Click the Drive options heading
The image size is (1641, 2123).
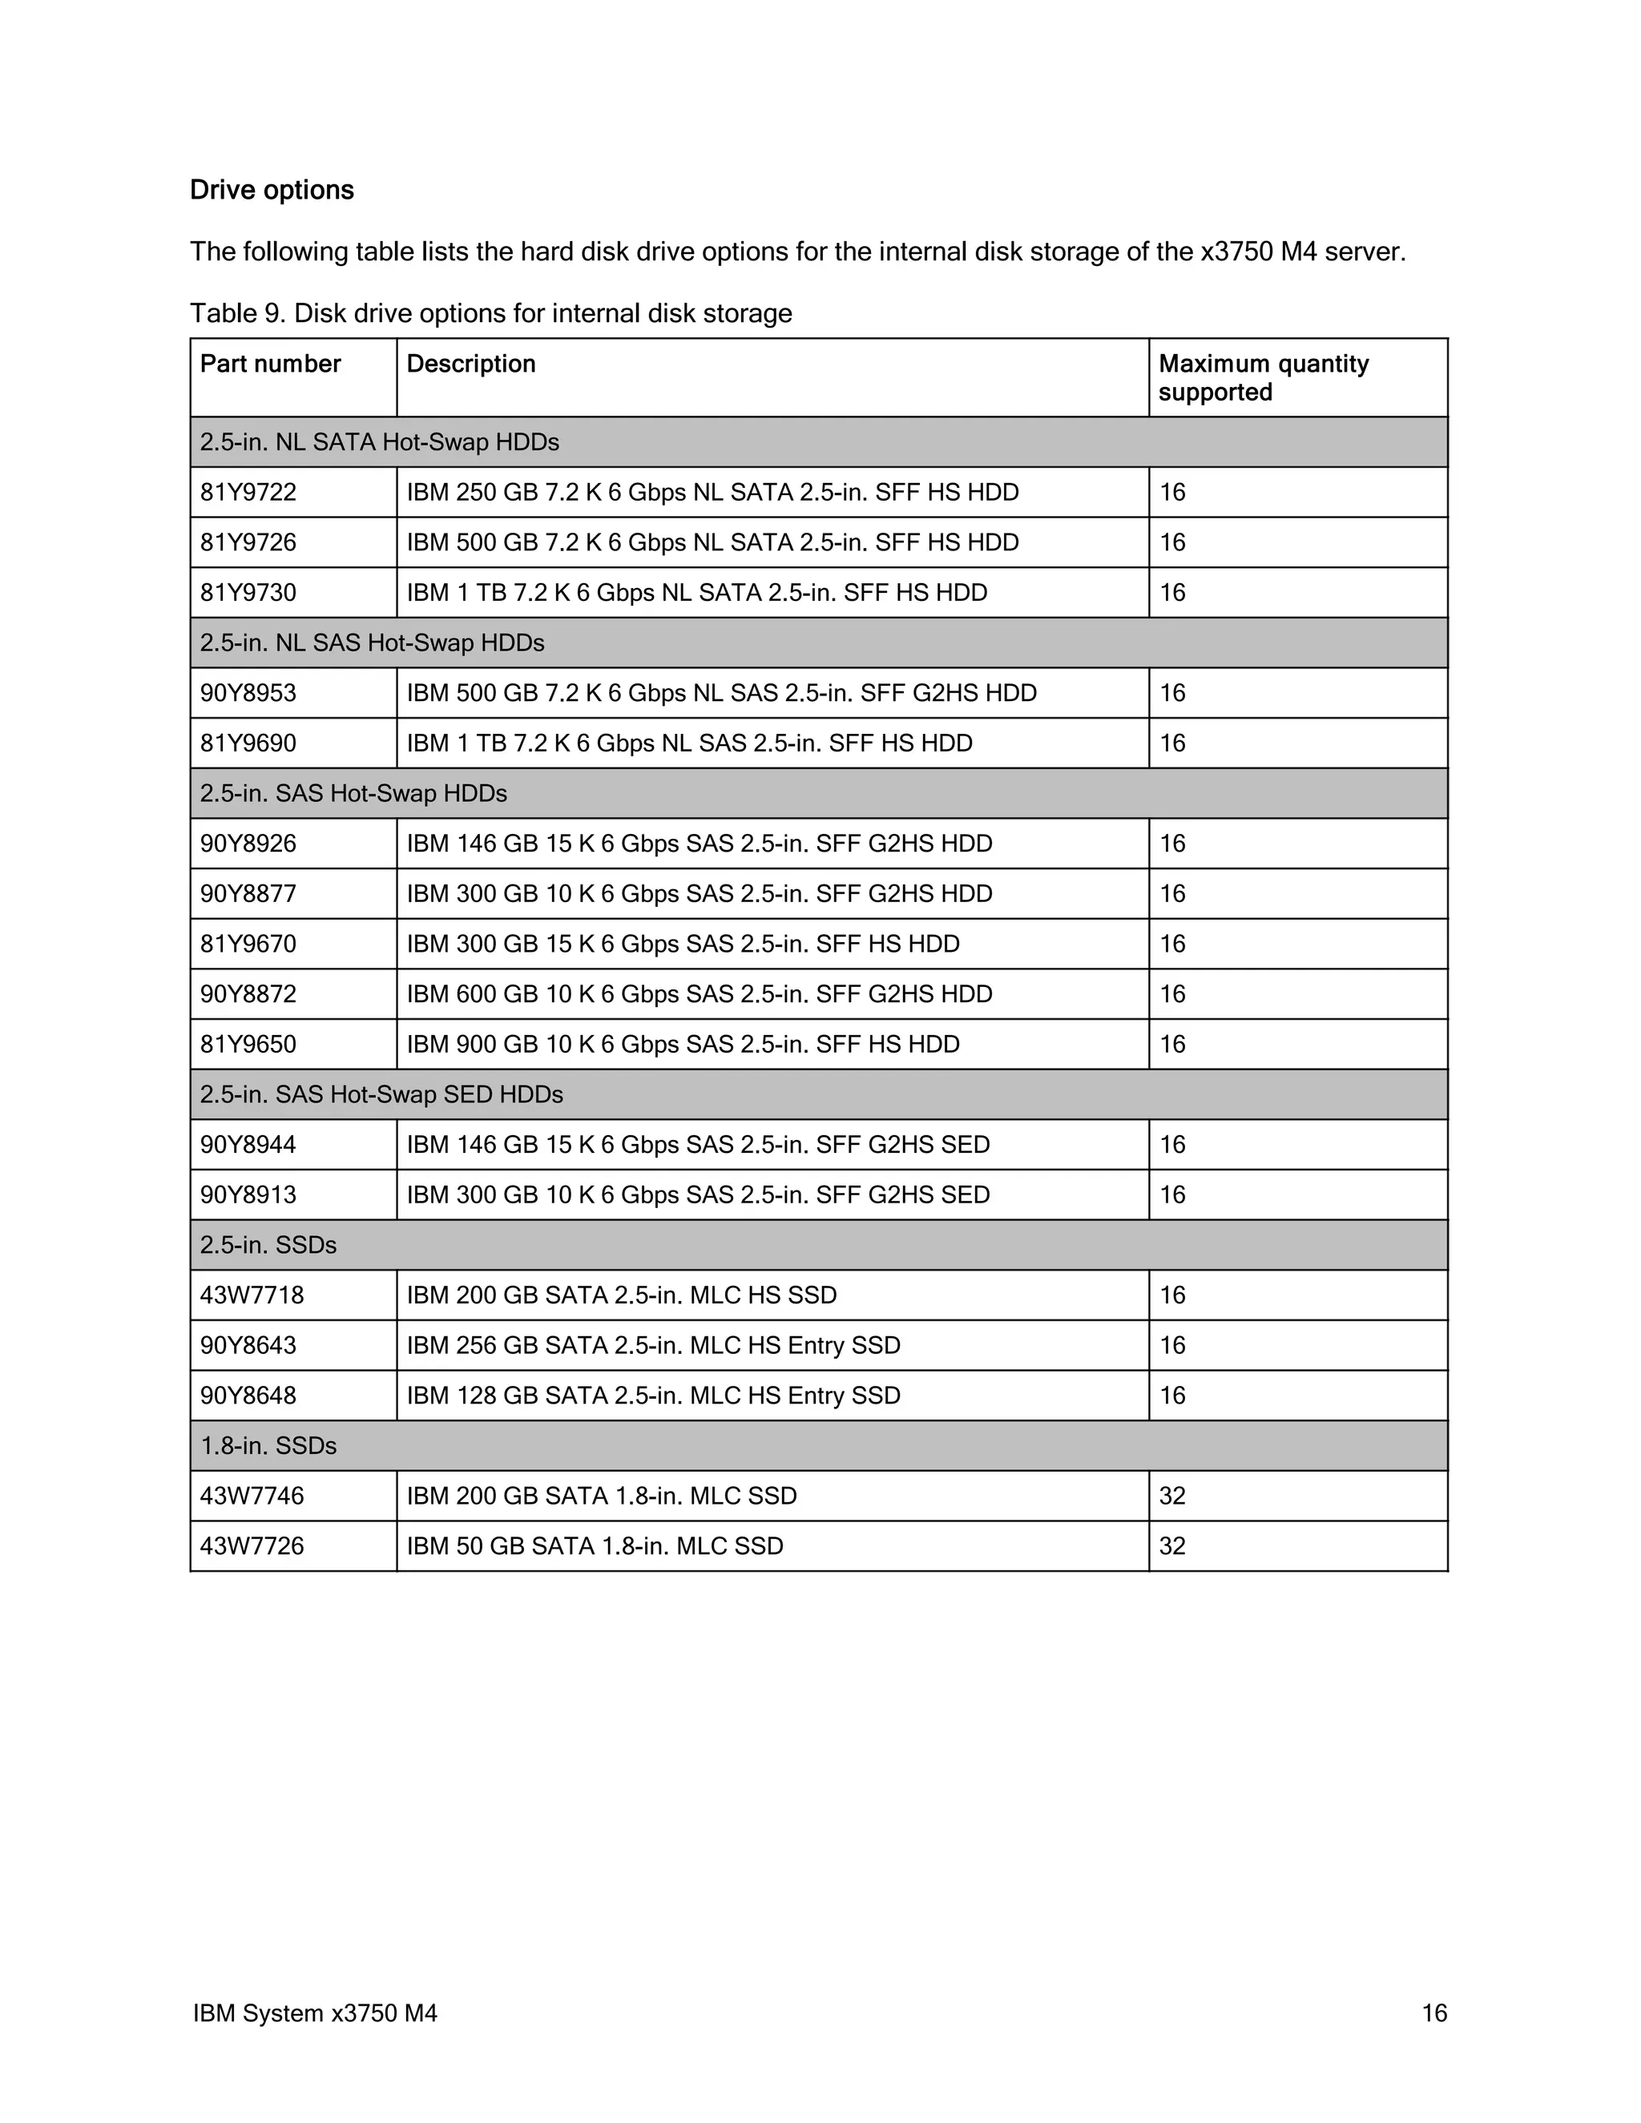tap(272, 190)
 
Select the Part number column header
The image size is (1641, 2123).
tap(270, 364)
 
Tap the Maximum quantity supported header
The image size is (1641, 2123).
tap(1263, 377)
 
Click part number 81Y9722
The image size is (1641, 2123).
tap(248, 492)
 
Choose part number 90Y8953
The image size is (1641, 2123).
tap(248, 693)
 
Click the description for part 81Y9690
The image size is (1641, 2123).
tap(688, 743)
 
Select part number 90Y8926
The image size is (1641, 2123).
tap(248, 844)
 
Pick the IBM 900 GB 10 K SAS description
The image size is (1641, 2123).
tap(683, 1044)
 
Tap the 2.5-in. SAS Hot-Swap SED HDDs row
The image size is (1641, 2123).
tap(381, 1094)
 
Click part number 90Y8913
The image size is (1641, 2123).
tap(248, 1194)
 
